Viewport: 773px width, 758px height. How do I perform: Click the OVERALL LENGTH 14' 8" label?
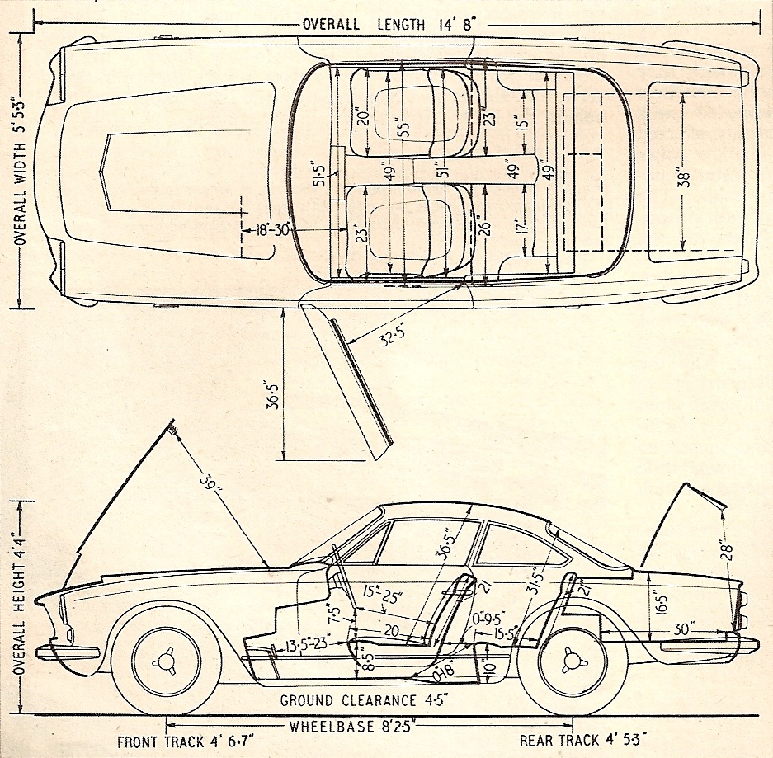coord(386,23)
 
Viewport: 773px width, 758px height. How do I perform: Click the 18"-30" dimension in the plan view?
coord(271,230)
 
